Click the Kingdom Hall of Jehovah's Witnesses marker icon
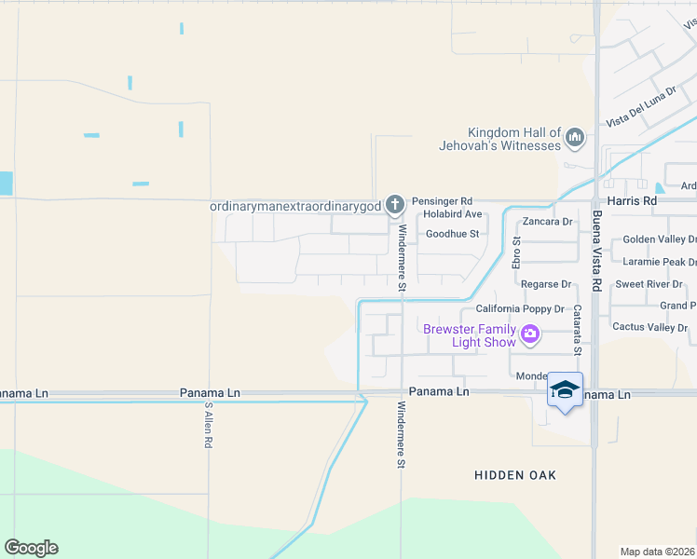point(575,139)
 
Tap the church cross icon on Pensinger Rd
point(395,204)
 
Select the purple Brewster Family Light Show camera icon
point(530,334)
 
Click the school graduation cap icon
point(565,389)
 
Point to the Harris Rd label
point(631,200)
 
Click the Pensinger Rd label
point(442,200)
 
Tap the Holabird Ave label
point(452,214)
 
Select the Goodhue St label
point(452,234)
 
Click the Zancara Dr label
point(547,222)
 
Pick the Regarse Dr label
point(546,284)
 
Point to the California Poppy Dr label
point(520,308)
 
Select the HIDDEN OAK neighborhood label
point(515,475)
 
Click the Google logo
point(31,548)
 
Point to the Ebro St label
point(516,252)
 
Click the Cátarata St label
point(577,330)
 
